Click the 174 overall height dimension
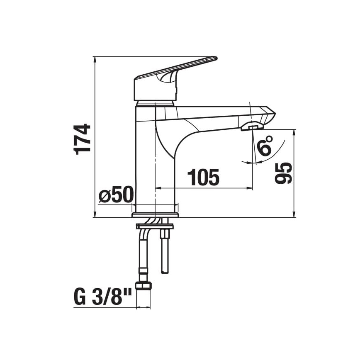point(83,139)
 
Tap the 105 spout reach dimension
point(203,178)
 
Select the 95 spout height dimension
point(283,173)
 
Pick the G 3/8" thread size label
point(103,298)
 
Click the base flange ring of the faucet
point(155,215)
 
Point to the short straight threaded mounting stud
point(165,253)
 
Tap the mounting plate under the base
point(155,226)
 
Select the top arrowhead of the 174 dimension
point(95,59)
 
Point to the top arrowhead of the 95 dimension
point(294,132)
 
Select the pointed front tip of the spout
point(274,113)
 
